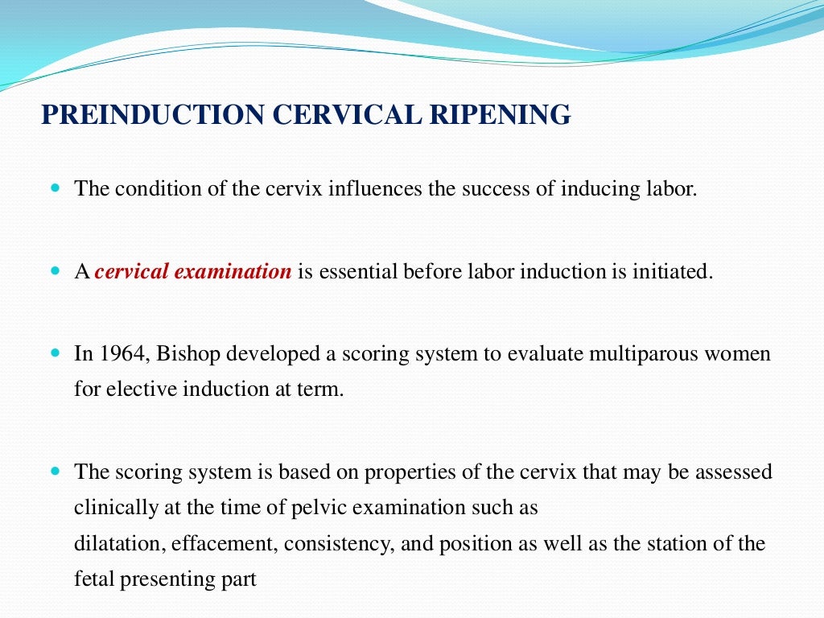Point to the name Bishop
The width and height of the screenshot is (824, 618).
185,353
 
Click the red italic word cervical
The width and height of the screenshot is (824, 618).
131,272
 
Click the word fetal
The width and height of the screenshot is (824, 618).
93,579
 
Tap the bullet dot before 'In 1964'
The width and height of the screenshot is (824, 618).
56,352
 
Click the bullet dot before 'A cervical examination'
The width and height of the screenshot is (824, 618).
56,271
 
